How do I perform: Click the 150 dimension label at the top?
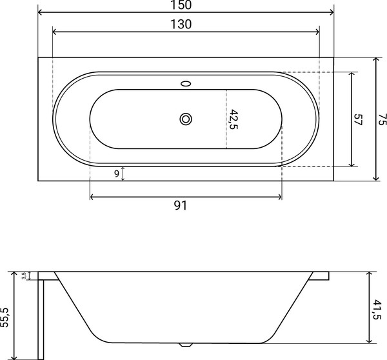click(186, 5)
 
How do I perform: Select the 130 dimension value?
click(186, 25)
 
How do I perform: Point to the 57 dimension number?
click(358, 119)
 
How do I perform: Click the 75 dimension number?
click(382, 119)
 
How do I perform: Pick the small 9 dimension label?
click(116, 173)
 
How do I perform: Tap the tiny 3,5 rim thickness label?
click(24, 275)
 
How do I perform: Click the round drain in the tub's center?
click(186, 119)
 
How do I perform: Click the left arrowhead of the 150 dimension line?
click(41, 12)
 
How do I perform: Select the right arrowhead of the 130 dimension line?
click(317, 32)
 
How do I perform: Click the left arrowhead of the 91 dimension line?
click(92, 195)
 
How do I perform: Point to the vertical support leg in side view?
click(41, 316)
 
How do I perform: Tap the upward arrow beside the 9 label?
click(123, 169)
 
